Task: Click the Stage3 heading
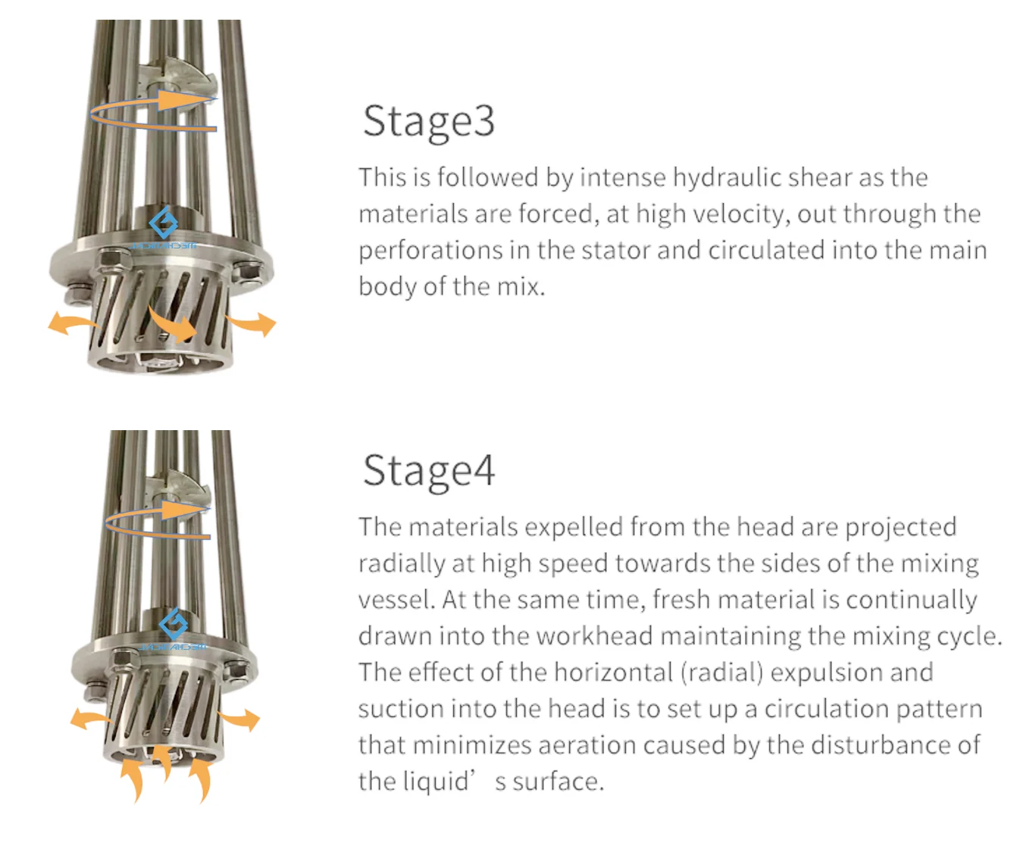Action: click(x=428, y=121)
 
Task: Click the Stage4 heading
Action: click(x=428, y=471)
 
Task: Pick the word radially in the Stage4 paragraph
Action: click(x=393, y=564)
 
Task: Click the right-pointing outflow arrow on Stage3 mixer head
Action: click(x=252, y=323)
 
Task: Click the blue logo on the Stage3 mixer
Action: click(x=163, y=224)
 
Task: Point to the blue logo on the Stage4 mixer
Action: click(x=174, y=626)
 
